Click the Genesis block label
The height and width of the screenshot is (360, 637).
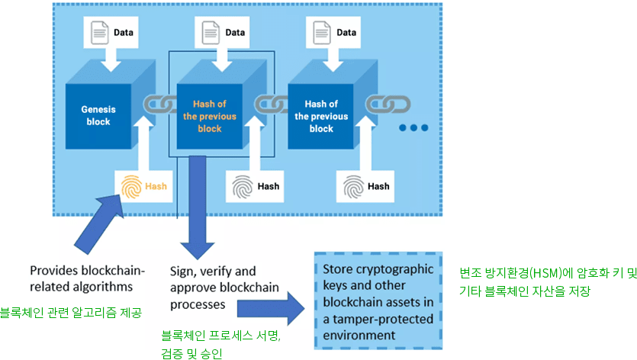[x=98, y=115]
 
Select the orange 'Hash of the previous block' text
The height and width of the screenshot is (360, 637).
[x=210, y=116]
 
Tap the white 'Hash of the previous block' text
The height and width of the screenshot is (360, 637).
[x=321, y=116]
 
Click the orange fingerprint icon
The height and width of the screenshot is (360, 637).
[x=131, y=187]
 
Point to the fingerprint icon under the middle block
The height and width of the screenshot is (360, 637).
[x=243, y=187]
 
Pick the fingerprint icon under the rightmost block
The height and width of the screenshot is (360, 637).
[x=353, y=187]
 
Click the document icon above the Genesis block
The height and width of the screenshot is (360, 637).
[x=99, y=33]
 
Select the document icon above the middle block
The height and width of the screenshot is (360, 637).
[x=211, y=33]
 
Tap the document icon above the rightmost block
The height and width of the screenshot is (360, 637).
[x=322, y=33]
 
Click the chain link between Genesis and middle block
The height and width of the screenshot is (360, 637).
[x=160, y=104]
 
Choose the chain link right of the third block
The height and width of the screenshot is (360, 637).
[x=388, y=104]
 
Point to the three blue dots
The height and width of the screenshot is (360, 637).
[x=413, y=128]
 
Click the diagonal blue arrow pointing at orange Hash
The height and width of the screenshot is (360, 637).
[x=99, y=223]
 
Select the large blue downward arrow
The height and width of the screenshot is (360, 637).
[x=198, y=207]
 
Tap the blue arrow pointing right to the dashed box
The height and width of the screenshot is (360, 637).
[x=271, y=308]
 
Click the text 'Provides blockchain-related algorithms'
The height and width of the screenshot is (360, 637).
[x=87, y=278]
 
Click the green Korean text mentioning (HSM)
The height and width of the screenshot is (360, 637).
[x=548, y=281]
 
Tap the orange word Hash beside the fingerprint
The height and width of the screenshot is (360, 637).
[x=156, y=186]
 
